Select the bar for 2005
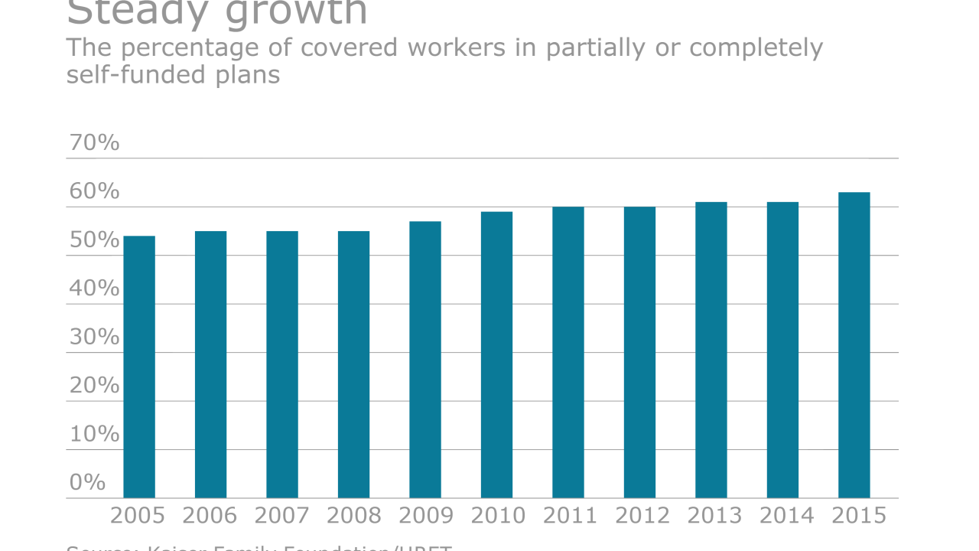pyautogui.click(x=139, y=367)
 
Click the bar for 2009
pyautogui.click(x=425, y=360)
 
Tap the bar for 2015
pyautogui.click(x=854, y=345)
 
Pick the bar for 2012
pyautogui.click(x=639, y=353)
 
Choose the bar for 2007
pyautogui.click(x=282, y=364)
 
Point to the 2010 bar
pyautogui.click(x=496, y=355)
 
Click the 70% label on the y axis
pyautogui.click(x=94, y=143)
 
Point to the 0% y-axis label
pyautogui.click(x=87, y=482)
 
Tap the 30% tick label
pyautogui.click(x=94, y=337)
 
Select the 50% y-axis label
pyautogui.click(x=94, y=240)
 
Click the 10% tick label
pyautogui.click(x=94, y=434)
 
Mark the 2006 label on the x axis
pyautogui.click(x=210, y=516)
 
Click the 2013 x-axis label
pyautogui.click(x=714, y=516)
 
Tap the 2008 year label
pyautogui.click(x=354, y=516)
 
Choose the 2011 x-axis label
pyautogui.click(x=570, y=516)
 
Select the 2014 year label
pyautogui.click(x=786, y=516)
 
